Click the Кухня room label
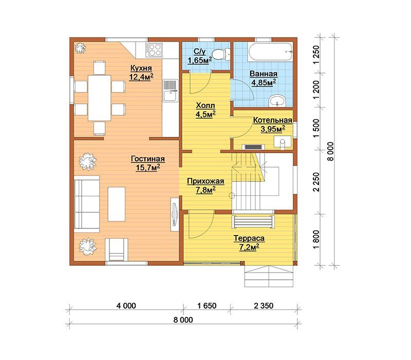click(141, 68)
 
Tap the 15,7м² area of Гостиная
click(148, 168)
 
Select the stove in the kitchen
click(154, 50)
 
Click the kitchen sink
click(171, 91)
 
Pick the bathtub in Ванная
click(271, 52)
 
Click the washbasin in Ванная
click(277, 101)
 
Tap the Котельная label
click(273, 120)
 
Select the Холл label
click(206, 105)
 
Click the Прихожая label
click(206, 181)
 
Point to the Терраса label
click(249, 238)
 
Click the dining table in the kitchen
click(99, 98)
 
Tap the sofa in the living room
click(87, 204)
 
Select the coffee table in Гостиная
click(117, 204)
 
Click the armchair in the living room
click(117, 249)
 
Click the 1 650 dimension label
click(207, 305)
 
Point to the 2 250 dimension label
click(316, 182)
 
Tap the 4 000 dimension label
click(126, 305)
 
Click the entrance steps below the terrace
click(269, 276)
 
